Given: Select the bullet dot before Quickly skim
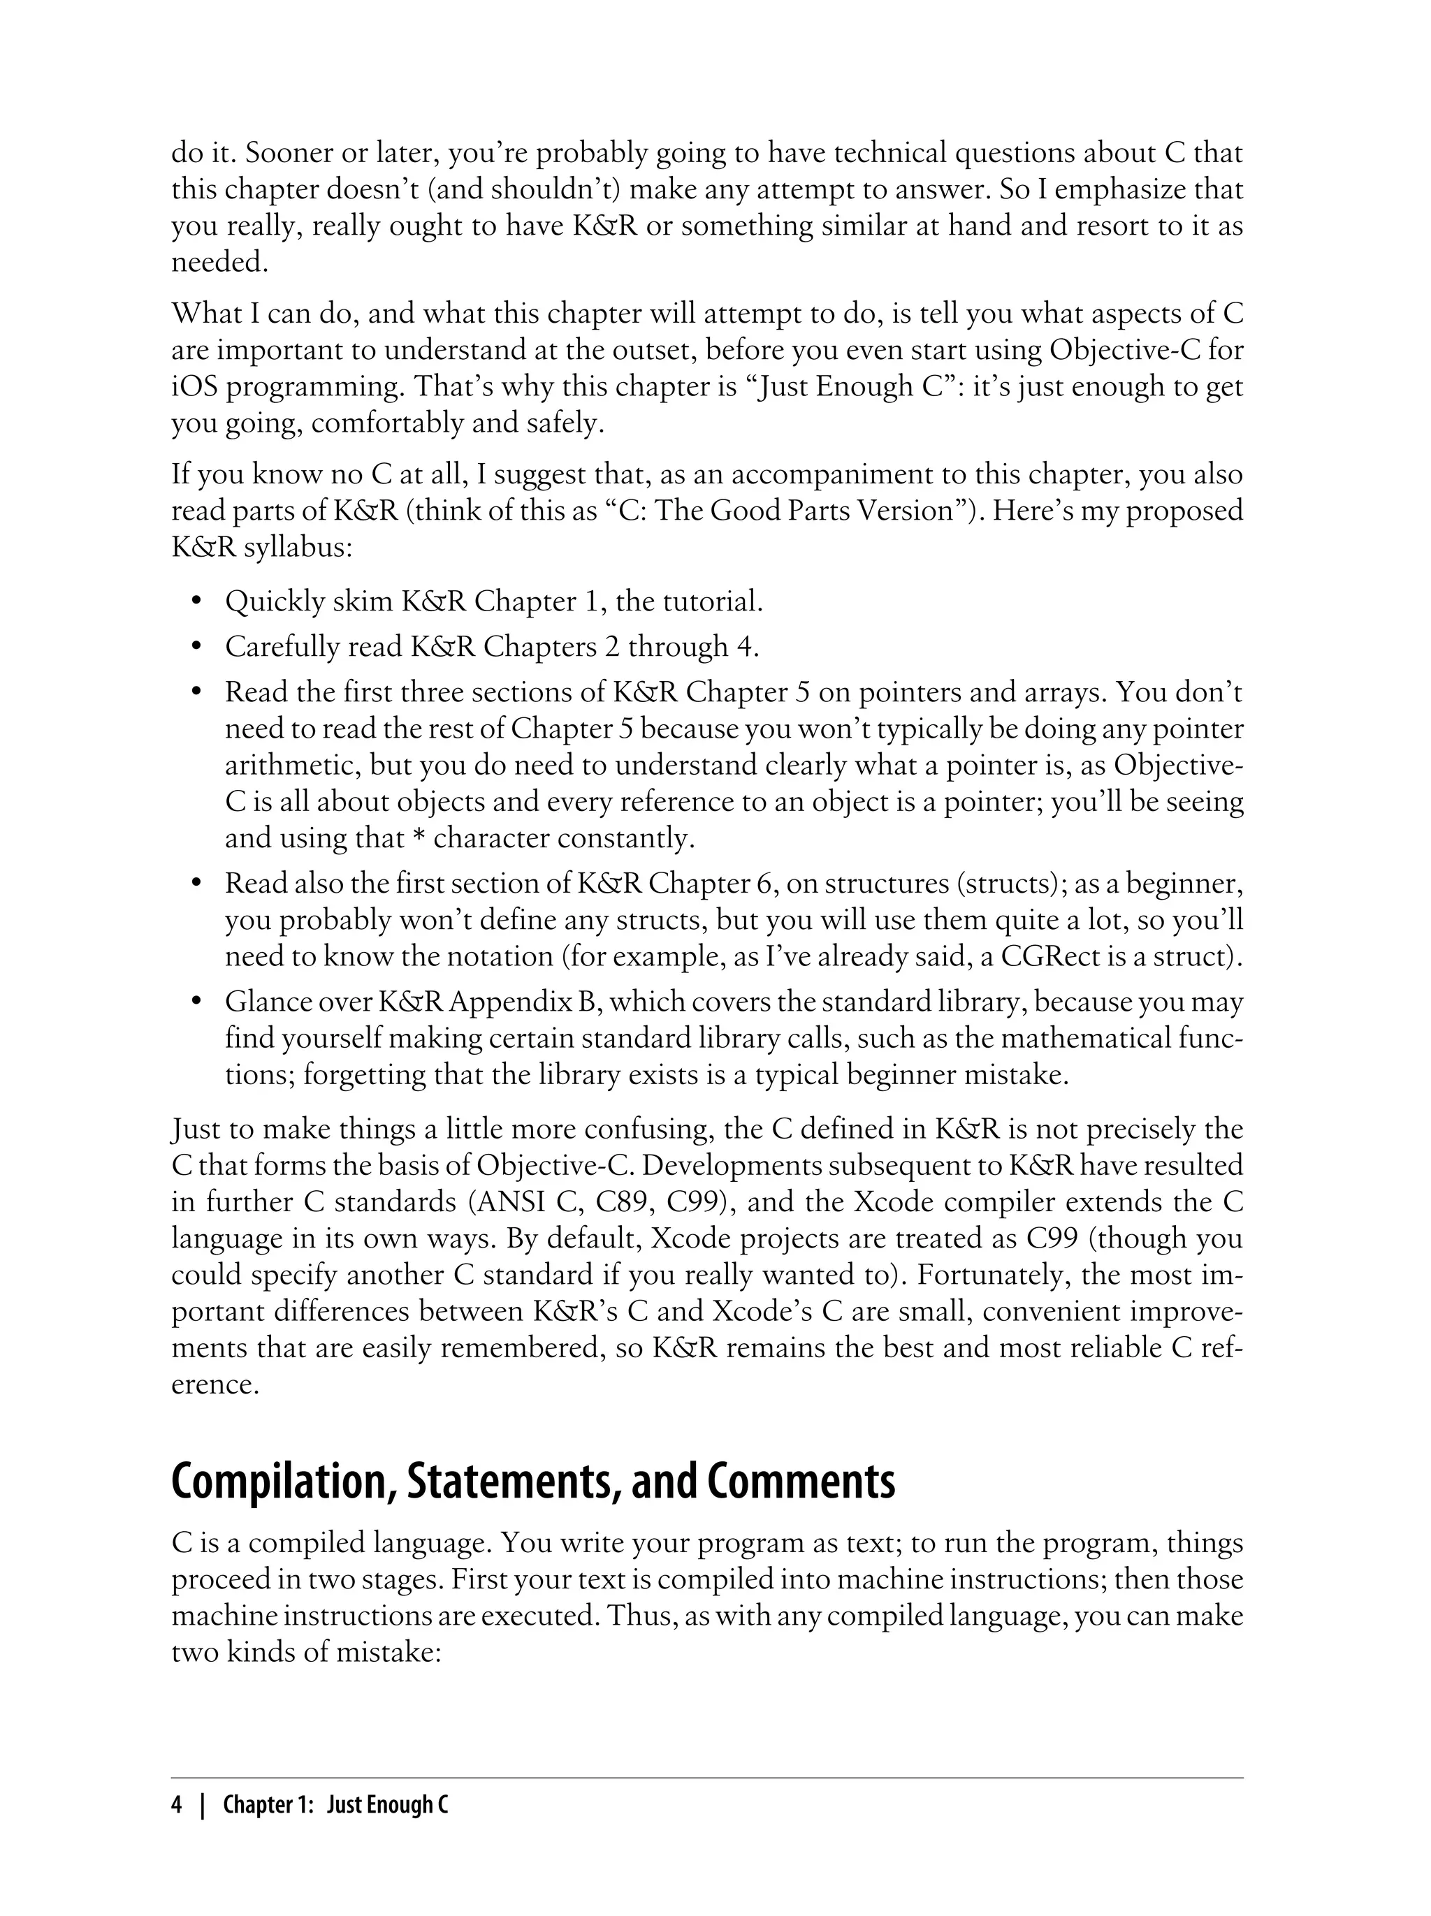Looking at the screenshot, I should click(x=196, y=601).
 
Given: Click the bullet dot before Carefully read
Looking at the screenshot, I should click(x=196, y=647).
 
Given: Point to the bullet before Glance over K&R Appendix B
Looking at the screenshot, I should click(x=196, y=1002).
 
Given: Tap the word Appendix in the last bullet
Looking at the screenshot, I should click(x=509, y=1002).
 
